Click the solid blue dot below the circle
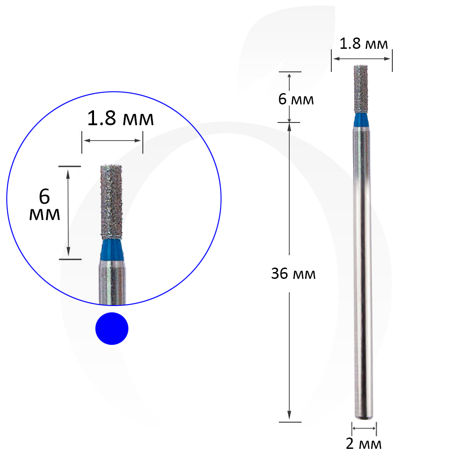112,328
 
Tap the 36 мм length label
293,273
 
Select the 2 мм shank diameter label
363,444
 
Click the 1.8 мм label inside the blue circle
121,118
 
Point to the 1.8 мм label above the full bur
363,44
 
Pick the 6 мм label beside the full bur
296,99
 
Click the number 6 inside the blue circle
44,197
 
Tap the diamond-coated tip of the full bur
361,89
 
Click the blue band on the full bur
361,120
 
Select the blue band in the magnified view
112,250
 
